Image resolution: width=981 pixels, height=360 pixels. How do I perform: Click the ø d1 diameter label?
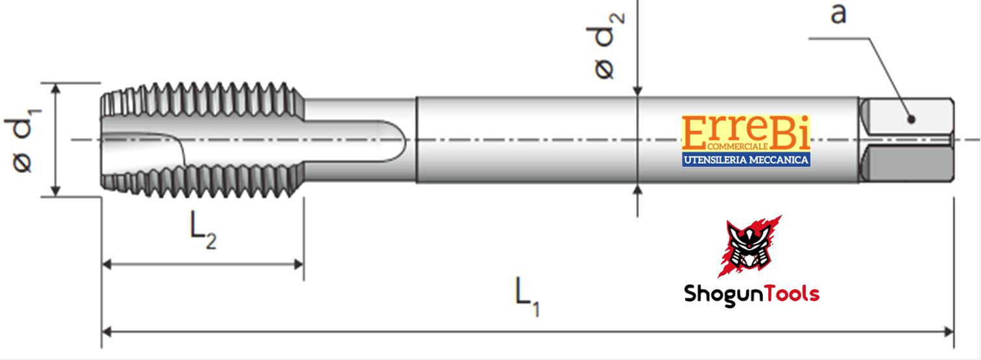pos(23,140)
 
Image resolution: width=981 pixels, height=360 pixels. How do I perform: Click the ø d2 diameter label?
pos(605,46)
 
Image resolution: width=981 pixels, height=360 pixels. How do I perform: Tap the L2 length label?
pos(203,230)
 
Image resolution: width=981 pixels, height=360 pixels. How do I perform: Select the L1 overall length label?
pos(527,296)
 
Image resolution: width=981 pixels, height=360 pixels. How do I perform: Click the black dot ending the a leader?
pos(912,119)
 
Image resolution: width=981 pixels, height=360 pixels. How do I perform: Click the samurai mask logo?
pos(749,246)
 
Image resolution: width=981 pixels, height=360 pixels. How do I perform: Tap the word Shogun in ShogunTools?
pos(718,294)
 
